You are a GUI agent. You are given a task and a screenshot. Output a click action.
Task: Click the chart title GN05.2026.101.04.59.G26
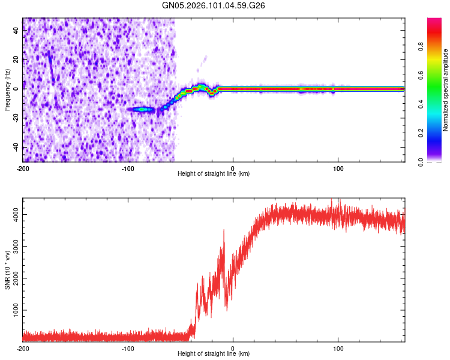point(214,5)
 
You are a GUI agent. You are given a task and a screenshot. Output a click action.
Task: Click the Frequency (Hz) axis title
point(7,89)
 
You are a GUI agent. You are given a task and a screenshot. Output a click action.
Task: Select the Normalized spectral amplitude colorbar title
point(446,90)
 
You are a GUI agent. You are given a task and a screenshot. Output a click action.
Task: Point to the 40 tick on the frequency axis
point(17,31)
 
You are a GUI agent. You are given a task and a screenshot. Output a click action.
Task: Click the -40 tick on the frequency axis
point(16,148)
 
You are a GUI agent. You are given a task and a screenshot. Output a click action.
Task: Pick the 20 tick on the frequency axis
point(17,60)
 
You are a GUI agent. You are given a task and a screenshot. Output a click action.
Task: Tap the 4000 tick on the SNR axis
point(13,214)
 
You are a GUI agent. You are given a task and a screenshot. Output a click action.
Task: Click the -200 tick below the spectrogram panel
point(23,168)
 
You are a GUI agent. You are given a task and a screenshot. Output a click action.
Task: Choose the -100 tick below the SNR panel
point(128,348)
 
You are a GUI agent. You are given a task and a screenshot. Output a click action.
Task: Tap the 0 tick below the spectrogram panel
point(233,168)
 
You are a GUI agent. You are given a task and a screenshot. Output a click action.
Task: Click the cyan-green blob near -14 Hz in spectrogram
point(142,110)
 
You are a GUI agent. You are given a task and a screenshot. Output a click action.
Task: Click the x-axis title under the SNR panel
point(214,354)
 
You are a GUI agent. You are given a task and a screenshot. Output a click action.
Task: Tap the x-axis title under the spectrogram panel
point(214,174)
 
